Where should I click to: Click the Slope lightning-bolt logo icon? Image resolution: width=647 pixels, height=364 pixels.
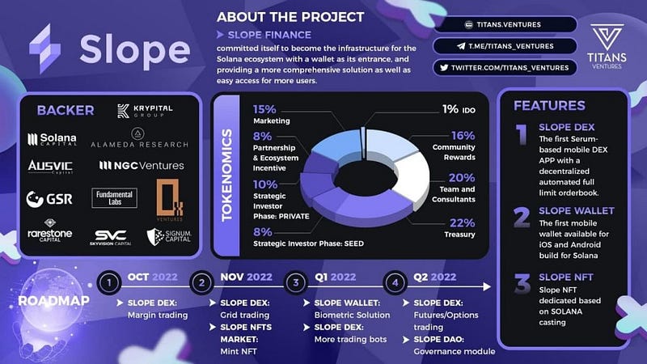45,49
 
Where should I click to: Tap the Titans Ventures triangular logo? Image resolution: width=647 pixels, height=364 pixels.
607,37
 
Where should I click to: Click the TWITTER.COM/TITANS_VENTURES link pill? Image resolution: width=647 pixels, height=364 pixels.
505,68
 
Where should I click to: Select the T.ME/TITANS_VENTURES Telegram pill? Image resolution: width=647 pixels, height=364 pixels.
505,46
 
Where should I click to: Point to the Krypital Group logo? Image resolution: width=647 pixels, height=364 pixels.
145,111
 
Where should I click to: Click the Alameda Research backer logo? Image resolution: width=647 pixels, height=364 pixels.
139,138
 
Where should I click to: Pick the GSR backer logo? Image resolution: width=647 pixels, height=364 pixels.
49,199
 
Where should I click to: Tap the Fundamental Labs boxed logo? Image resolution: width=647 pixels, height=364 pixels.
114,197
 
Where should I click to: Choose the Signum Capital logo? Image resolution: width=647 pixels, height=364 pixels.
169,237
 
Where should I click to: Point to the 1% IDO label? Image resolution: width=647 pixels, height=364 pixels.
459,109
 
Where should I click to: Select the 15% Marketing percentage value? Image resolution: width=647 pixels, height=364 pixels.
264,109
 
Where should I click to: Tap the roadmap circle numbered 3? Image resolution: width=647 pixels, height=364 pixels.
296,282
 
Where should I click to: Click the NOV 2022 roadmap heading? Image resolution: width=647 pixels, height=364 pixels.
246,277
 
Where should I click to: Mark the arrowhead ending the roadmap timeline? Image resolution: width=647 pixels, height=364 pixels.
488,286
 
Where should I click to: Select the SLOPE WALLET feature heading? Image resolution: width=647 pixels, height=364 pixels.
577,211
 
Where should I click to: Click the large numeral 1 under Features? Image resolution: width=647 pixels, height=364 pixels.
522,134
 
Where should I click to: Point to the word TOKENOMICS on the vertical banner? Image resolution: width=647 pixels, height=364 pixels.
227,176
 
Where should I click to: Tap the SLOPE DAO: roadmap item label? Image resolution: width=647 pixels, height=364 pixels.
438,339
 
